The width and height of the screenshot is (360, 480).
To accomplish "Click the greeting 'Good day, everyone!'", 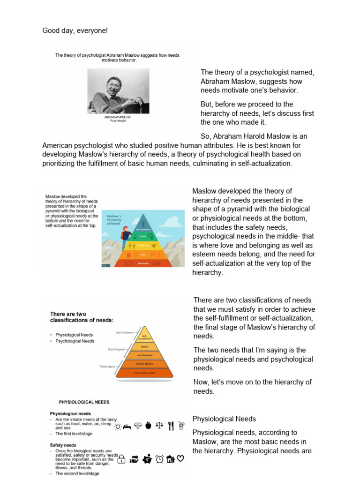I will pyautogui.click(x=75, y=30).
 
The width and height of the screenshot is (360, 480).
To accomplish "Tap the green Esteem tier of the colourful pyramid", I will pyautogui.click(x=142, y=236).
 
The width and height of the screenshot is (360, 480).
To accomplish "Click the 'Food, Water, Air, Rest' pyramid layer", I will pyautogui.click(x=144, y=373).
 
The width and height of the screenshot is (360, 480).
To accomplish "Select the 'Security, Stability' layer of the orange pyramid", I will pyautogui.click(x=144, y=364).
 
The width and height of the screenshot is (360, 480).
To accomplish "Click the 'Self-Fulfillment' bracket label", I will pyautogui.click(x=125, y=332).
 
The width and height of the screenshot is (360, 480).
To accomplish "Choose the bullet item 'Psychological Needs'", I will pyautogui.click(x=75, y=341).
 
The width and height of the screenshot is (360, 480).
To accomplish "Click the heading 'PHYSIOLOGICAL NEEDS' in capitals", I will pyautogui.click(x=84, y=402).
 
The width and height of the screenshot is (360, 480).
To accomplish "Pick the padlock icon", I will pyautogui.click(x=121, y=459).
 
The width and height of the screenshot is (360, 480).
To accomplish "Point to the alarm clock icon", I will pyautogui.click(x=160, y=459).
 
